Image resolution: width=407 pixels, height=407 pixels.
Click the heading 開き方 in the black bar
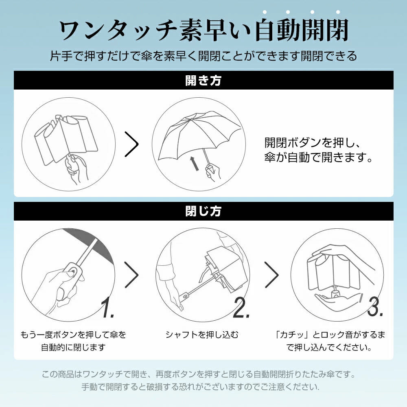pyautogui.click(x=203, y=80)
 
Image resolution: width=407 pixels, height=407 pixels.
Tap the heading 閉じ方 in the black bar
pyautogui.click(x=203, y=211)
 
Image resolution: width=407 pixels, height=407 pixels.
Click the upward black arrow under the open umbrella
pyautogui.click(x=193, y=164)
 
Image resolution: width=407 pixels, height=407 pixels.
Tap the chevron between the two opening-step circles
pyautogui.click(x=131, y=144)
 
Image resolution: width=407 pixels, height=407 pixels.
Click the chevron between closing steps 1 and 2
pyautogui.click(x=131, y=275)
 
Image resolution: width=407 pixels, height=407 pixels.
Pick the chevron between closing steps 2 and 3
pyautogui.click(x=271, y=275)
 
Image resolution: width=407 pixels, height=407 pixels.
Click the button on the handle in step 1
pyautogui.click(x=72, y=272)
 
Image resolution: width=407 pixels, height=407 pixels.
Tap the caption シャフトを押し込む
pyautogui.click(x=202, y=335)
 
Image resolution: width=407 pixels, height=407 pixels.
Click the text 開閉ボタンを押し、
pyautogui.click(x=312, y=142)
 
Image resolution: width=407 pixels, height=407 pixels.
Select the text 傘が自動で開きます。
pyautogui.click(x=319, y=157)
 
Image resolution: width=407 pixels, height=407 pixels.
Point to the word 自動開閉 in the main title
pyautogui.click(x=302, y=30)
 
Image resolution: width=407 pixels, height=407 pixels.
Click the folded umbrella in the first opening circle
pyautogui.click(x=66, y=139)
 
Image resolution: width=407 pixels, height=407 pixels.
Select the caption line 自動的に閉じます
pyautogui.click(x=73, y=347)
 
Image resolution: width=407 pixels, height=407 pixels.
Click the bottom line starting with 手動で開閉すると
pyautogui.click(x=200, y=387)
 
